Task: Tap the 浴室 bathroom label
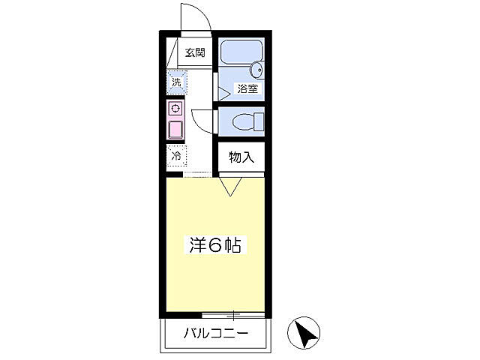pos(248,88)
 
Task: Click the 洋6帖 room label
pos(214,245)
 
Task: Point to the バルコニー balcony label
pos(216,333)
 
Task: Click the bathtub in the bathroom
pos(241,52)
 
